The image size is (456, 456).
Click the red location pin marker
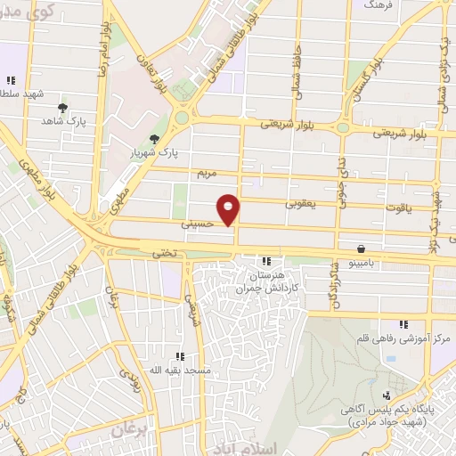coord(229,208)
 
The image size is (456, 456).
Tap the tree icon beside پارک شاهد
coord(62,109)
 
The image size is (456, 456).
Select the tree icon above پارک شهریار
coord(155,138)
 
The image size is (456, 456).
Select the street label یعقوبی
coord(304,204)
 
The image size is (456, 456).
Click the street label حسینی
coord(198,225)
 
